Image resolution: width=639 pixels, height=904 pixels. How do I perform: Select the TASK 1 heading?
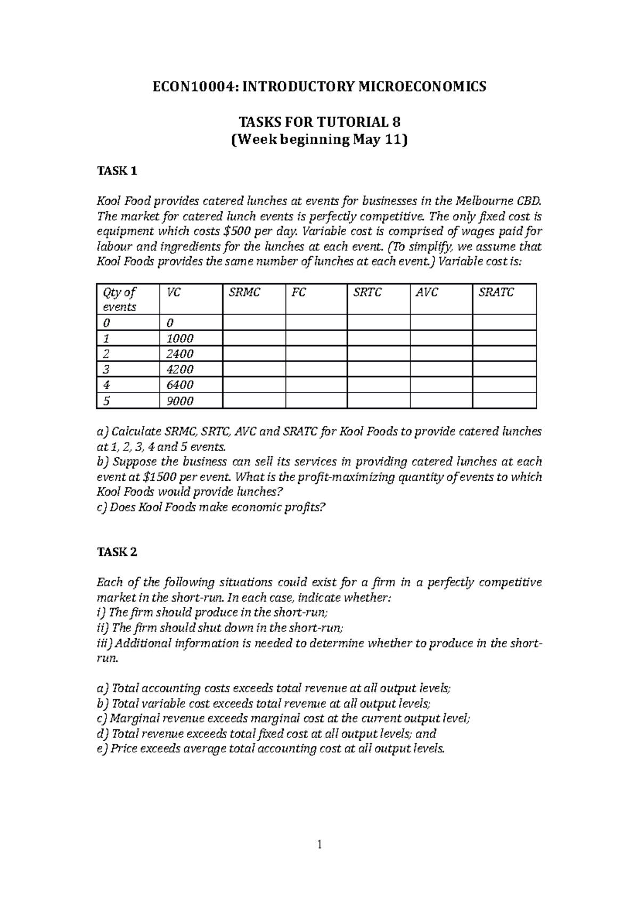click(117, 171)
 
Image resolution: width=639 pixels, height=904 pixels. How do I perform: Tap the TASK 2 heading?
click(117, 552)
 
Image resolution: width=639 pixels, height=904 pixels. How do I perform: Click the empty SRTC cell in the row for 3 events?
click(379, 369)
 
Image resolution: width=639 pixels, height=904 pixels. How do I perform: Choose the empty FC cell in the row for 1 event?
click(316, 338)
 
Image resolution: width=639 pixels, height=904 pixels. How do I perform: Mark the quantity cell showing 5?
click(106, 401)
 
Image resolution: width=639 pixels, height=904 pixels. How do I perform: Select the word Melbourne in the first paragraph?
click(481, 201)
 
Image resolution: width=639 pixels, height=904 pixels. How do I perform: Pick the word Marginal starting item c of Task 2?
click(134, 718)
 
